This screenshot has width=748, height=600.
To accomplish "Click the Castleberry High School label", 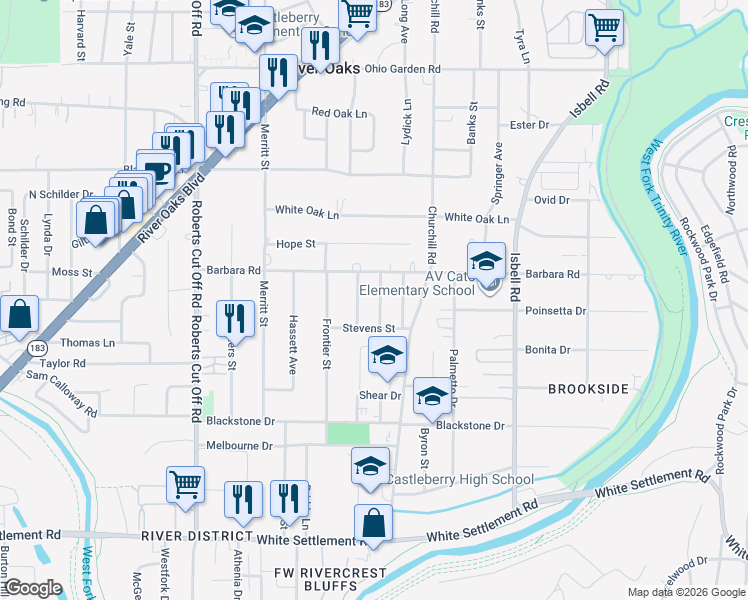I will click(x=461, y=480).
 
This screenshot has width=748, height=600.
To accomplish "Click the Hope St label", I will click(x=296, y=244).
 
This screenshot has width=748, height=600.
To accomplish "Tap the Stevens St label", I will click(x=369, y=328).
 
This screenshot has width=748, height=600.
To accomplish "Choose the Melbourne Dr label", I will click(x=239, y=446).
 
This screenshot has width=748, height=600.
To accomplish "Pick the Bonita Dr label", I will click(x=548, y=350).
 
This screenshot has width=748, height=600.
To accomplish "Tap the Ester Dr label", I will click(x=530, y=125).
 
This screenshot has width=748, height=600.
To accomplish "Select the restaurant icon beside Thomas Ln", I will click(x=235, y=318).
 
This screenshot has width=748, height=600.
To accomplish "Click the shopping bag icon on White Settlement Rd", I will click(x=373, y=523).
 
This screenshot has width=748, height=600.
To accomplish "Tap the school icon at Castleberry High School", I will click(x=369, y=466).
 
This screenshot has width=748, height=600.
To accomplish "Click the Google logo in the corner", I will click(x=33, y=588).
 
